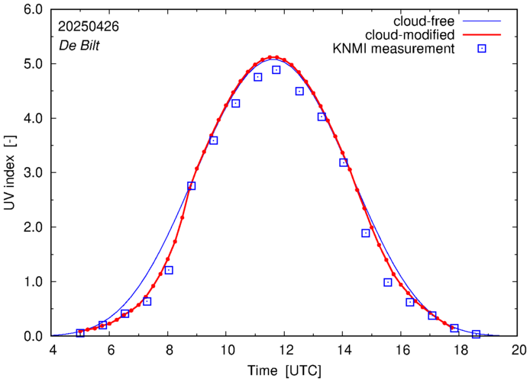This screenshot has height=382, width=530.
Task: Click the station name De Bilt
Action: point(79,44)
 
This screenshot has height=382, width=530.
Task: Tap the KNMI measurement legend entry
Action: point(394,49)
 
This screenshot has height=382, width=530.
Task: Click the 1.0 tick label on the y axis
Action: point(33,282)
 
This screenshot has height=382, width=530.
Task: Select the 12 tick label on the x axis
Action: point(286,350)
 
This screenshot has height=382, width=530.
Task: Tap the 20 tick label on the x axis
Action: point(519,350)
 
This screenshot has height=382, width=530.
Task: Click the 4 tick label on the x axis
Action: point(53,350)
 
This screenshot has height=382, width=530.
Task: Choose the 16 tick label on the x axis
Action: point(402,350)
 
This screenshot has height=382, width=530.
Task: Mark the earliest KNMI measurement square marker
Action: point(80,332)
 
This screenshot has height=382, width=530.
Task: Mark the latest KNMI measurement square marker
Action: point(476,334)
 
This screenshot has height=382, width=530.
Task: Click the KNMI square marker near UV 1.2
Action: point(169,270)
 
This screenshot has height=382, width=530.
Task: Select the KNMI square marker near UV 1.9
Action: point(366,233)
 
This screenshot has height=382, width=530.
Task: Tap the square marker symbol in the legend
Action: point(482,49)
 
